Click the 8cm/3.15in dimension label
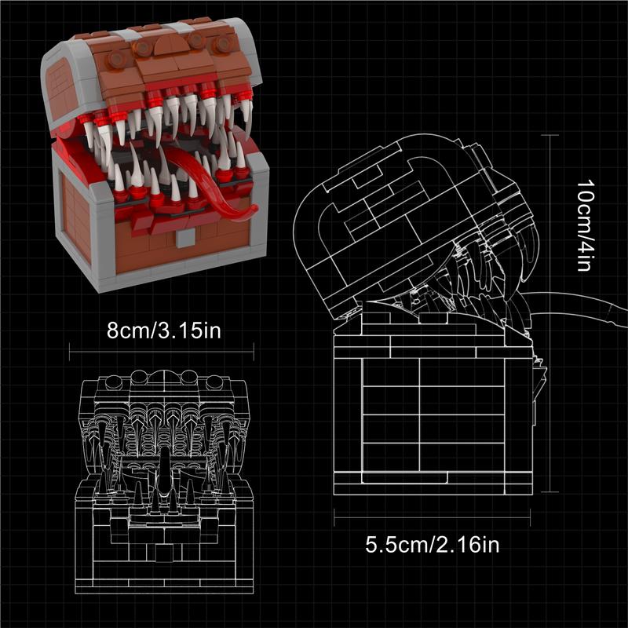tap(164, 330)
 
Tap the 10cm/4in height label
tap(585, 225)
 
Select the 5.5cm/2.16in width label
tap(433, 545)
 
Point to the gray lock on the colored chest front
tap(185, 239)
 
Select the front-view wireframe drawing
tap(164, 480)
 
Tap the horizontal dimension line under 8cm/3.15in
tap(162, 352)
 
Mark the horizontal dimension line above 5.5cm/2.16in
tap(433, 517)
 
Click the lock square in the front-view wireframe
tap(164, 553)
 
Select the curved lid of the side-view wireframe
tap(400, 208)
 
